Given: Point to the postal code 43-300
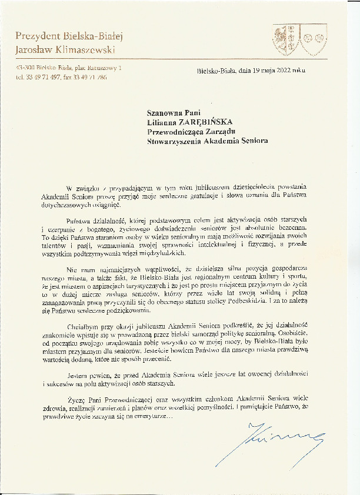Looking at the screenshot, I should (x=26, y=69).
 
